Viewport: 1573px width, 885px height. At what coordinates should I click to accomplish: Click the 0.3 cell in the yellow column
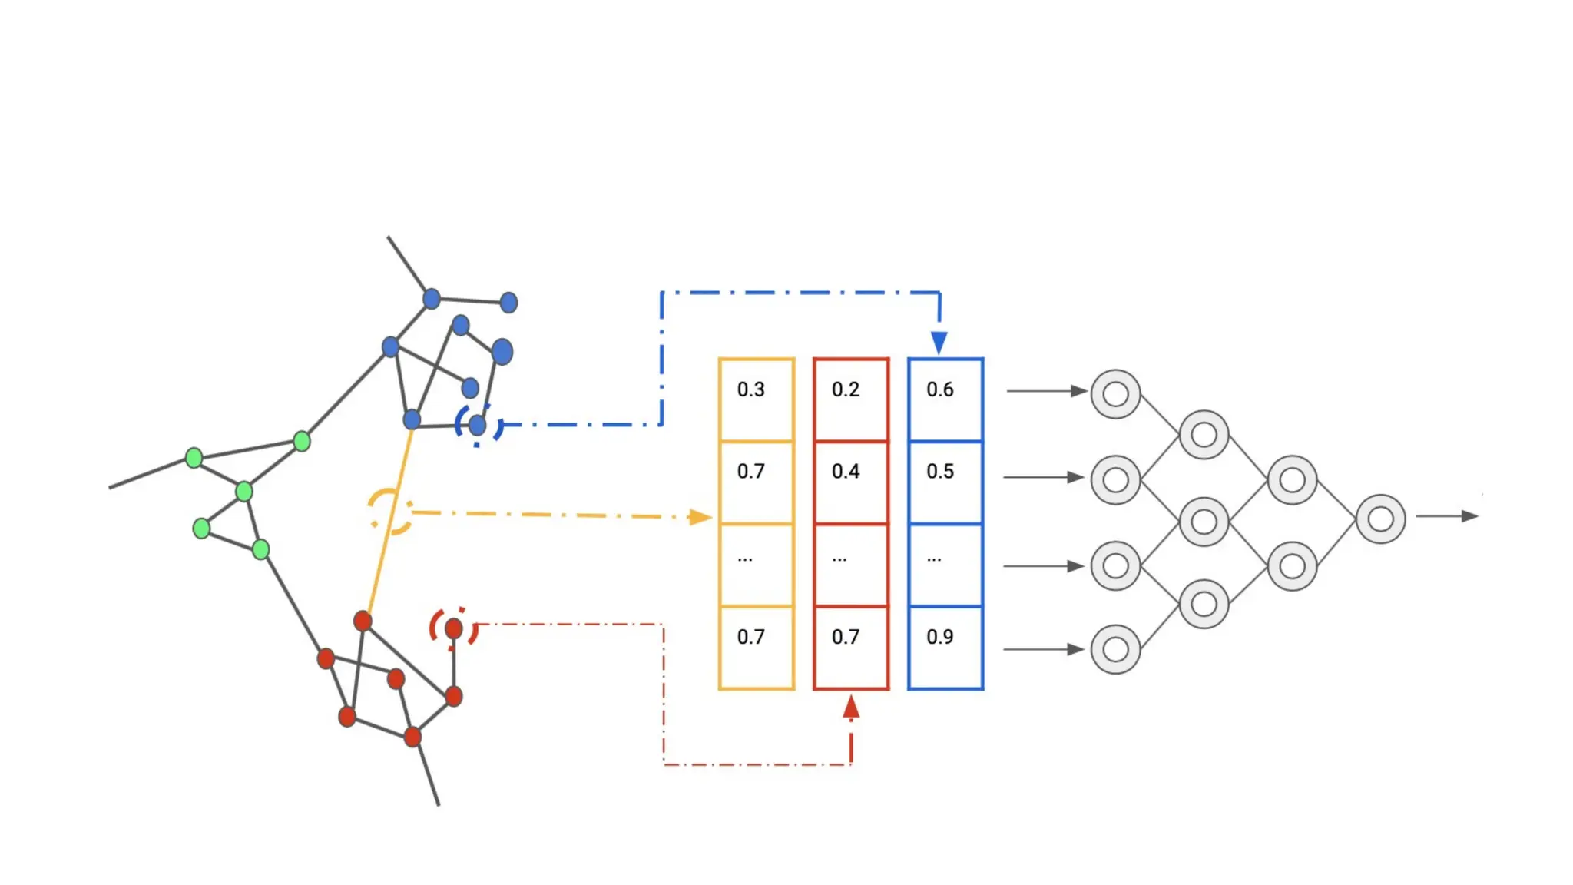pos(756,399)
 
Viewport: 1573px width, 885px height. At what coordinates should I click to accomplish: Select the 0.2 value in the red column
pos(850,399)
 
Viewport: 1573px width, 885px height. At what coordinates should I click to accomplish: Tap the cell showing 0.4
pos(850,482)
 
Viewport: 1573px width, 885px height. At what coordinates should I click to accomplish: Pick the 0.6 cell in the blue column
pos(945,399)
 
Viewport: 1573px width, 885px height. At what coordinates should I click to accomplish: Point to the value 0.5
pos(945,482)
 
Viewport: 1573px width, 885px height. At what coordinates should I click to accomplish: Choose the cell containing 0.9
pos(945,647)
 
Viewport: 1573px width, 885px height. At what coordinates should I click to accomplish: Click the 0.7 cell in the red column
pos(850,647)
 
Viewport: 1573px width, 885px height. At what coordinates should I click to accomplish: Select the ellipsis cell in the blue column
pos(945,565)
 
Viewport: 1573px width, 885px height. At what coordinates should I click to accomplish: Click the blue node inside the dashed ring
pos(477,425)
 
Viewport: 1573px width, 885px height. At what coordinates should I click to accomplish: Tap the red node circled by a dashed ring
pos(454,629)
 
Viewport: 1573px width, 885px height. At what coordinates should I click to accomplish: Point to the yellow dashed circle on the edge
pos(389,511)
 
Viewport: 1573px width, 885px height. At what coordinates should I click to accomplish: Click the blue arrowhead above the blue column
pos(939,342)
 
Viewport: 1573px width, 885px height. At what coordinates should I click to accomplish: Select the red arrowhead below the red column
pos(851,707)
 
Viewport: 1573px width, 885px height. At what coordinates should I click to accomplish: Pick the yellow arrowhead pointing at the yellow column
pos(699,517)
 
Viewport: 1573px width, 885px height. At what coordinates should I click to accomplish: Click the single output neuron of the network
pos(1380,519)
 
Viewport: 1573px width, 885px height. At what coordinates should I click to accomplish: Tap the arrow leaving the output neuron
pos(1447,516)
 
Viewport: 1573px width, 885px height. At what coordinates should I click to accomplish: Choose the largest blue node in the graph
pos(502,352)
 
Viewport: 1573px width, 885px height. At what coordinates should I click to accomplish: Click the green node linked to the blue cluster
pos(302,441)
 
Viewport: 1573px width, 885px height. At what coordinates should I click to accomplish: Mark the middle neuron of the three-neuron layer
pos(1204,522)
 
